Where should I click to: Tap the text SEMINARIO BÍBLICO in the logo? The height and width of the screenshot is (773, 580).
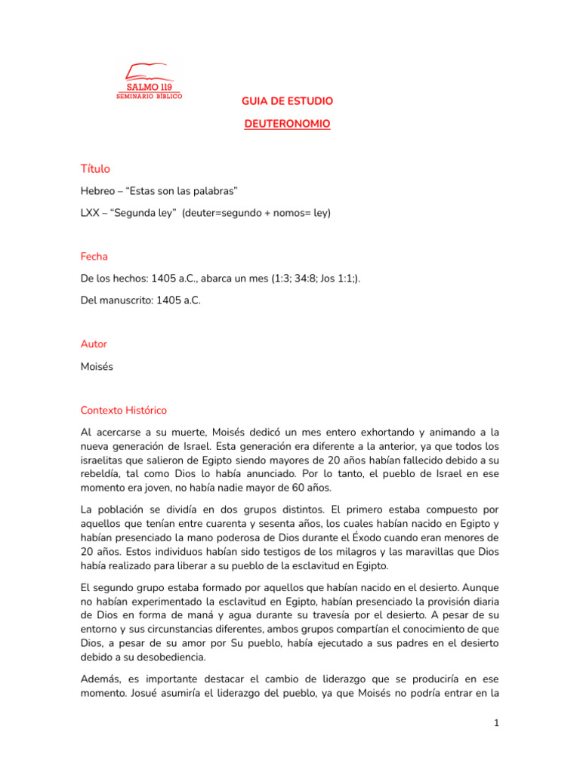pos(149,96)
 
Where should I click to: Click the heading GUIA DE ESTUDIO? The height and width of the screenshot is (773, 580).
pos(287,100)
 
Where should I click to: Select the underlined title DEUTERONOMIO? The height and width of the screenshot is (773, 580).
pos(287,123)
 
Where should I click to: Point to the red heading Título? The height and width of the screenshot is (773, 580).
pos(95,168)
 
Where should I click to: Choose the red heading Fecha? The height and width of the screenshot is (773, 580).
pos(94,257)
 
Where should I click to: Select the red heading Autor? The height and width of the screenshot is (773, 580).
pos(94,344)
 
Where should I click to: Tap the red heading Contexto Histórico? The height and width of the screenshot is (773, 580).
pos(124,411)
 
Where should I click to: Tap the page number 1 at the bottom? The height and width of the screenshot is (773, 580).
pos(496,723)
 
